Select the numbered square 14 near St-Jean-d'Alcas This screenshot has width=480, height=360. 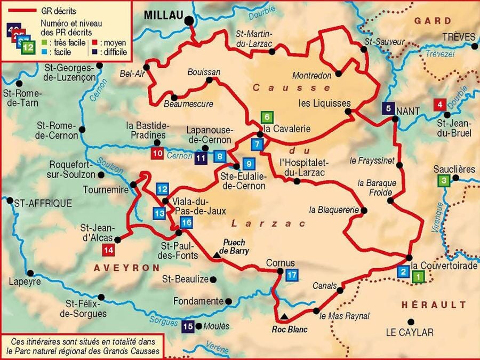[x=109, y=250]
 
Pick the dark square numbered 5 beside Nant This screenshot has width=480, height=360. [x=388, y=108]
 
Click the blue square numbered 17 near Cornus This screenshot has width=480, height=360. [x=291, y=275]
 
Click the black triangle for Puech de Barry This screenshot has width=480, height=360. [x=217, y=256]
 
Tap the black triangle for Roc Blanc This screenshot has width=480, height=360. [x=285, y=317]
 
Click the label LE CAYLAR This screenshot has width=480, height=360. [x=410, y=332]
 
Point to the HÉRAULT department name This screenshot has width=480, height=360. [x=433, y=305]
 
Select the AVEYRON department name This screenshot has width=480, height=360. [x=126, y=267]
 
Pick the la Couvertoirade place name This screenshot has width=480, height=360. [x=436, y=264]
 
